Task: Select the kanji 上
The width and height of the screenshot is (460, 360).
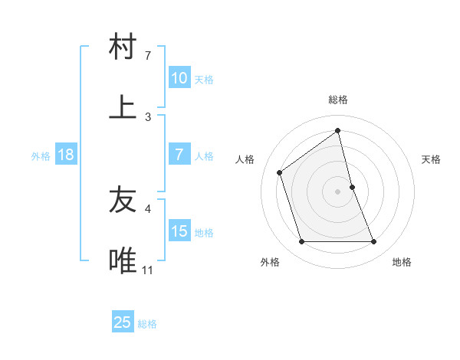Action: tap(123, 106)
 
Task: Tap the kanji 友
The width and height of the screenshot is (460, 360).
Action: tap(123, 200)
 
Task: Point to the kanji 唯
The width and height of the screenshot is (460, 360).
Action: tap(123, 260)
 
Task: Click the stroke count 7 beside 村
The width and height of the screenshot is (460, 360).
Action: tap(148, 55)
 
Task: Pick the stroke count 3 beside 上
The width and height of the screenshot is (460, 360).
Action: tap(148, 116)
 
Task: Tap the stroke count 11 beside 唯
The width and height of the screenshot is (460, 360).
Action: tap(148, 270)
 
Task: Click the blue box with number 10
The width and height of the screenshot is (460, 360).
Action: tap(179, 78)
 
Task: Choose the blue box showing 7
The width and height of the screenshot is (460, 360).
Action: tap(179, 155)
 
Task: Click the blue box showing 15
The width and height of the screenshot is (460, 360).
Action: tap(179, 231)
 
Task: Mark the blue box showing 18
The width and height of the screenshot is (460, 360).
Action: tap(66, 155)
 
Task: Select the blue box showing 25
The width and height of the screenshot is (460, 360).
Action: tap(122, 322)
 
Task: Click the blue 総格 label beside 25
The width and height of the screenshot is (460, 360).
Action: tap(147, 324)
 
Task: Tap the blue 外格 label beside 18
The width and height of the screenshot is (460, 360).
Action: tap(41, 156)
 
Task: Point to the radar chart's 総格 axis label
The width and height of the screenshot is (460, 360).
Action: tap(338, 100)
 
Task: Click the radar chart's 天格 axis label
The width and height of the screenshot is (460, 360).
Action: tap(432, 159)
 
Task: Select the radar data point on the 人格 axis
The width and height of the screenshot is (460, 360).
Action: tap(280, 172)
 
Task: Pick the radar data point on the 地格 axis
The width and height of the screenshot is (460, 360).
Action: tap(373, 242)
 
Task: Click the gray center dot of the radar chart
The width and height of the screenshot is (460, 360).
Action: tap(338, 191)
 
